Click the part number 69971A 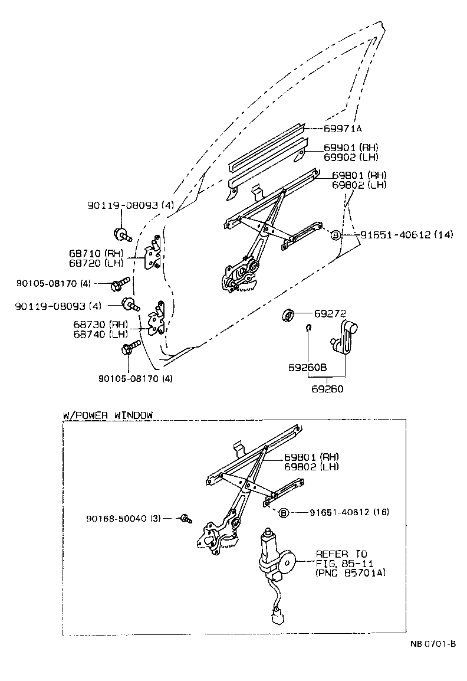tap(342, 128)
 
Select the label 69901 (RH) tap(351, 148)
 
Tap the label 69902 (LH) tap(351, 157)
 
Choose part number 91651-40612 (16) tap(349, 512)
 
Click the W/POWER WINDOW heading tap(107, 415)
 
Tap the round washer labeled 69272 tap(288, 316)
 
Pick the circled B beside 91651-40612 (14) tap(336, 234)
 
